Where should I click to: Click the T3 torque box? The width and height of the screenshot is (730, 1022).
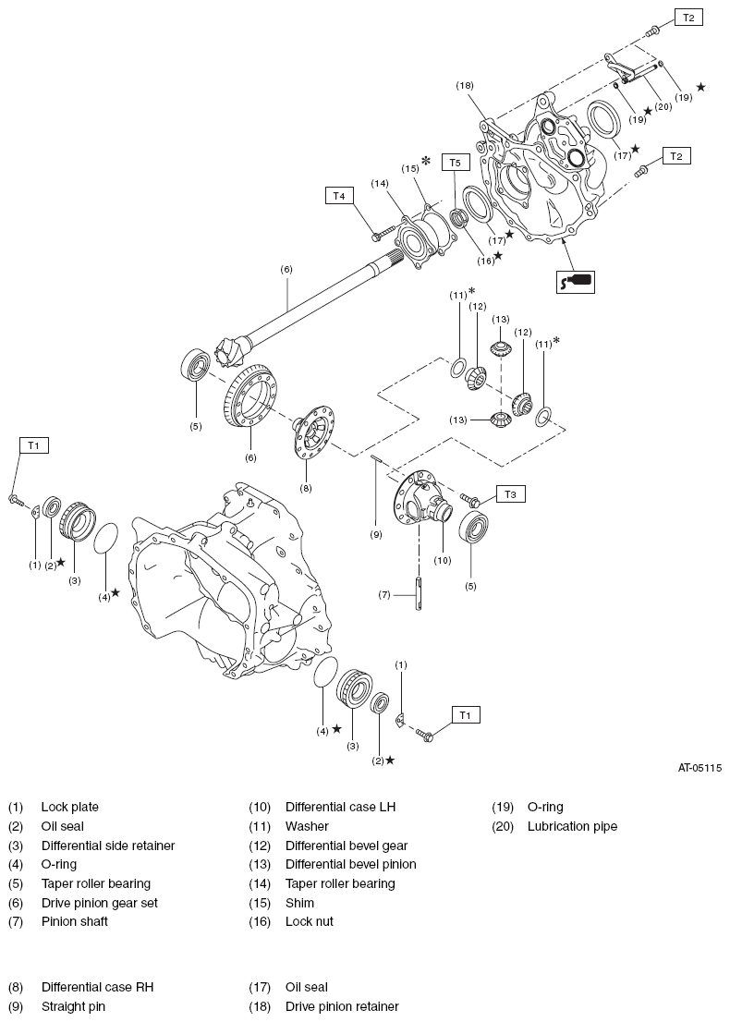(x=510, y=494)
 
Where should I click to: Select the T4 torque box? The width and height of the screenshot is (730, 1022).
(x=339, y=196)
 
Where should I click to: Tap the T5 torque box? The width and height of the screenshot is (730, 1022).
(x=454, y=163)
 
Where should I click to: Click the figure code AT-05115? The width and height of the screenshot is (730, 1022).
(x=700, y=767)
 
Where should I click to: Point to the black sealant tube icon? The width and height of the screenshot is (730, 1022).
(x=575, y=280)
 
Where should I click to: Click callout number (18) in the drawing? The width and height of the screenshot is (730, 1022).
(x=465, y=85)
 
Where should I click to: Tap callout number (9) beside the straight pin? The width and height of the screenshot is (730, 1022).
(x=376, y=534)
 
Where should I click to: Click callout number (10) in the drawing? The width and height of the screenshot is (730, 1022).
(x=442, y=560)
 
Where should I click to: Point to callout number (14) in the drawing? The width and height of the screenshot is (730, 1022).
(x=380, y=184)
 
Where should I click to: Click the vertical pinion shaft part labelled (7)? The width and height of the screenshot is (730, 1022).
(x=419, y=593)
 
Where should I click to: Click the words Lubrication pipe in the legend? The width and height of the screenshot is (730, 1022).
(x=572, y=826)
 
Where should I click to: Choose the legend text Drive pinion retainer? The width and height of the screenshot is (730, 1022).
(x=342, y=1006)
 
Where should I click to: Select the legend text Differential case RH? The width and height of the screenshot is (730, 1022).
(x=97, y=987)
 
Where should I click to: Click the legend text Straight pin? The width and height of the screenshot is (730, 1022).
(x=73, y=1006)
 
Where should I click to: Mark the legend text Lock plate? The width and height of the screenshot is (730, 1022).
(x=69, y=807)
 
